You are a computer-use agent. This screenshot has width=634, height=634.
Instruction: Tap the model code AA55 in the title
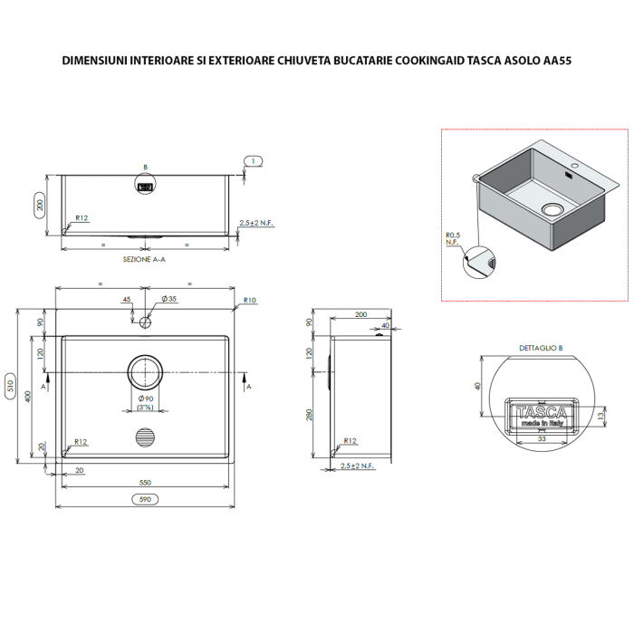555,62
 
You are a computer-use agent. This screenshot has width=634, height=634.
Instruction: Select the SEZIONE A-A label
143,259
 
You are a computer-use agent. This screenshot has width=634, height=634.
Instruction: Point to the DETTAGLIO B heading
541,348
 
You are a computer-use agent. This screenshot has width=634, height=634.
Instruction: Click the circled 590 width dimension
143,499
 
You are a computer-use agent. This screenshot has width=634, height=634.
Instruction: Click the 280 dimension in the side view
309,414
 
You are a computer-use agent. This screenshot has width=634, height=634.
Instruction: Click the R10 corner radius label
249,300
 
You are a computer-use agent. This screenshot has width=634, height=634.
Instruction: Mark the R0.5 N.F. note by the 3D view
453,239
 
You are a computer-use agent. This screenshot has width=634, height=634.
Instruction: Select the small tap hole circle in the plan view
145,321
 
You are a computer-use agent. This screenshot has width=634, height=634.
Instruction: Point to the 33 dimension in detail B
542,437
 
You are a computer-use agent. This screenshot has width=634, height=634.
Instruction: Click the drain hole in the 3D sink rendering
552,209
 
